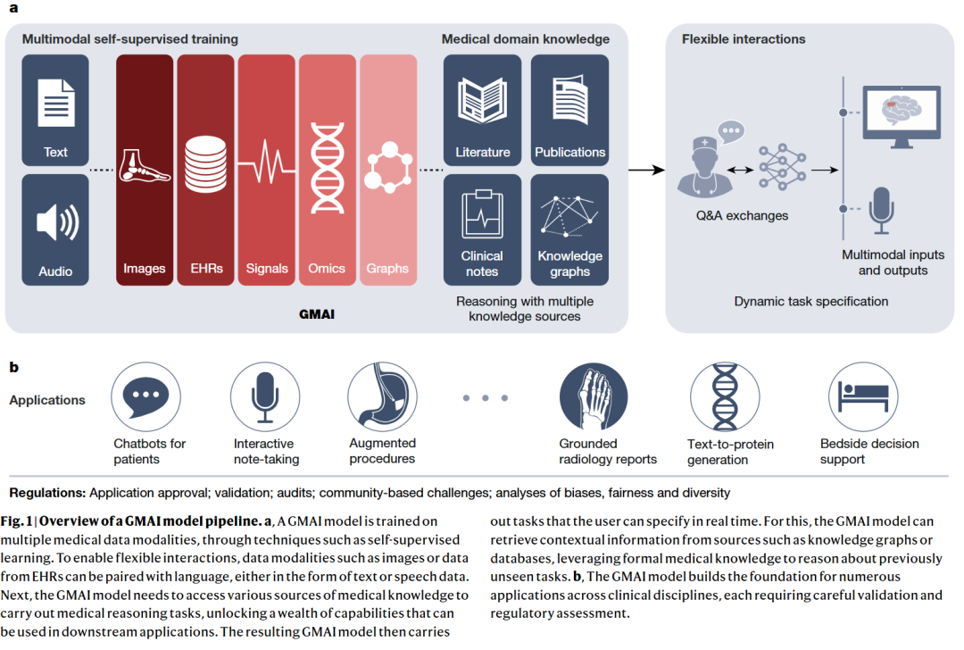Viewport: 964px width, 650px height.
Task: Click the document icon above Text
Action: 55,102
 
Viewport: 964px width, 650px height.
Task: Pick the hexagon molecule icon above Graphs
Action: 388,167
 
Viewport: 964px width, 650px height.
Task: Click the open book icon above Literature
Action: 482,100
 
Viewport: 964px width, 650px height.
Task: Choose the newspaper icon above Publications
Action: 569,100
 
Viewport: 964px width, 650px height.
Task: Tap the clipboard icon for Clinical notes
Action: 482,216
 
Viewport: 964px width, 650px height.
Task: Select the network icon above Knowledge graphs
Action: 569,217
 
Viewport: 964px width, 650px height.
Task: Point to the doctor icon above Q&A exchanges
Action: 705,163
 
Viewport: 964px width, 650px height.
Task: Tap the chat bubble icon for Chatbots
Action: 143,396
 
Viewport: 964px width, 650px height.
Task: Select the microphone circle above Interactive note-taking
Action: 264,396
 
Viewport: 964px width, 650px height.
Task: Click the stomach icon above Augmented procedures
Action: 382,396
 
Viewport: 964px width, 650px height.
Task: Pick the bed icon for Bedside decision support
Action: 861,396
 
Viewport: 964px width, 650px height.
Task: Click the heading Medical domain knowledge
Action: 526,39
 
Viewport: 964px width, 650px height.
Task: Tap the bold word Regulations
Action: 47,493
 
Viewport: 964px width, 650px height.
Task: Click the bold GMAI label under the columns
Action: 317,314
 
